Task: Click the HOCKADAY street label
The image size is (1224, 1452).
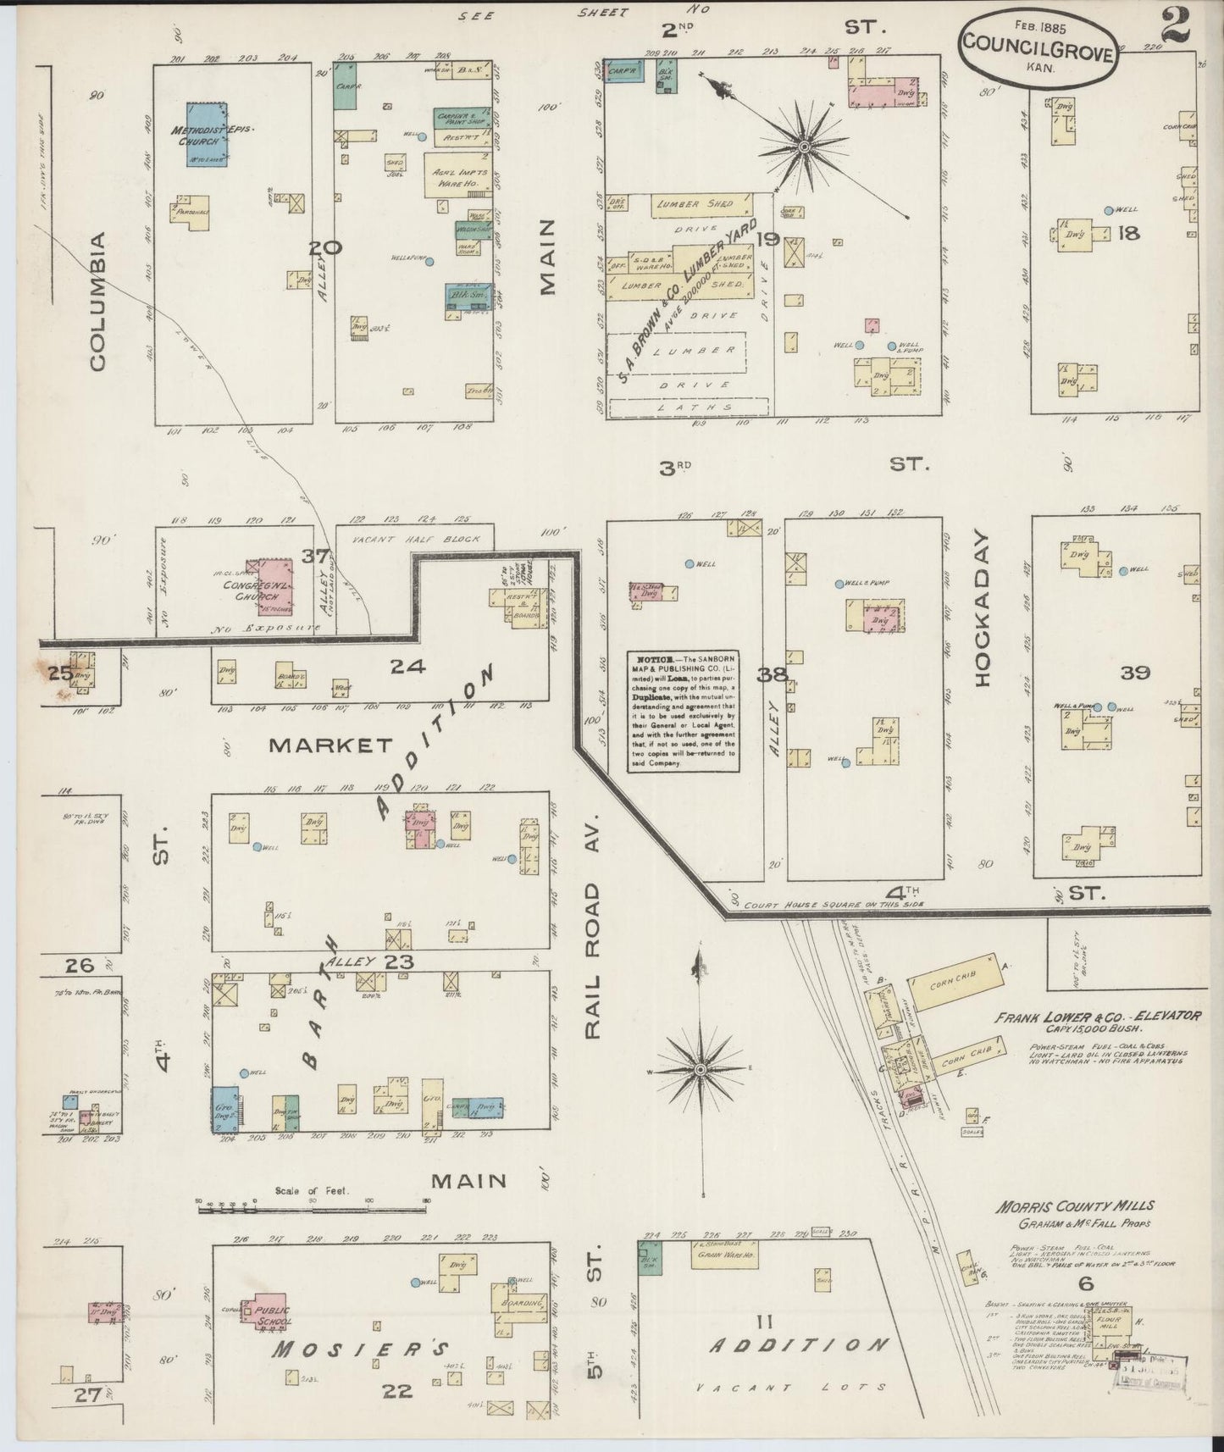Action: coord(983,608)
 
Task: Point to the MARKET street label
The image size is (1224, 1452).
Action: coord(331,745)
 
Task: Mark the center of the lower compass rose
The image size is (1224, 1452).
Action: coord(701,1071)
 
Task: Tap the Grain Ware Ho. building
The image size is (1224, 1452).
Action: coord(724,1255)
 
